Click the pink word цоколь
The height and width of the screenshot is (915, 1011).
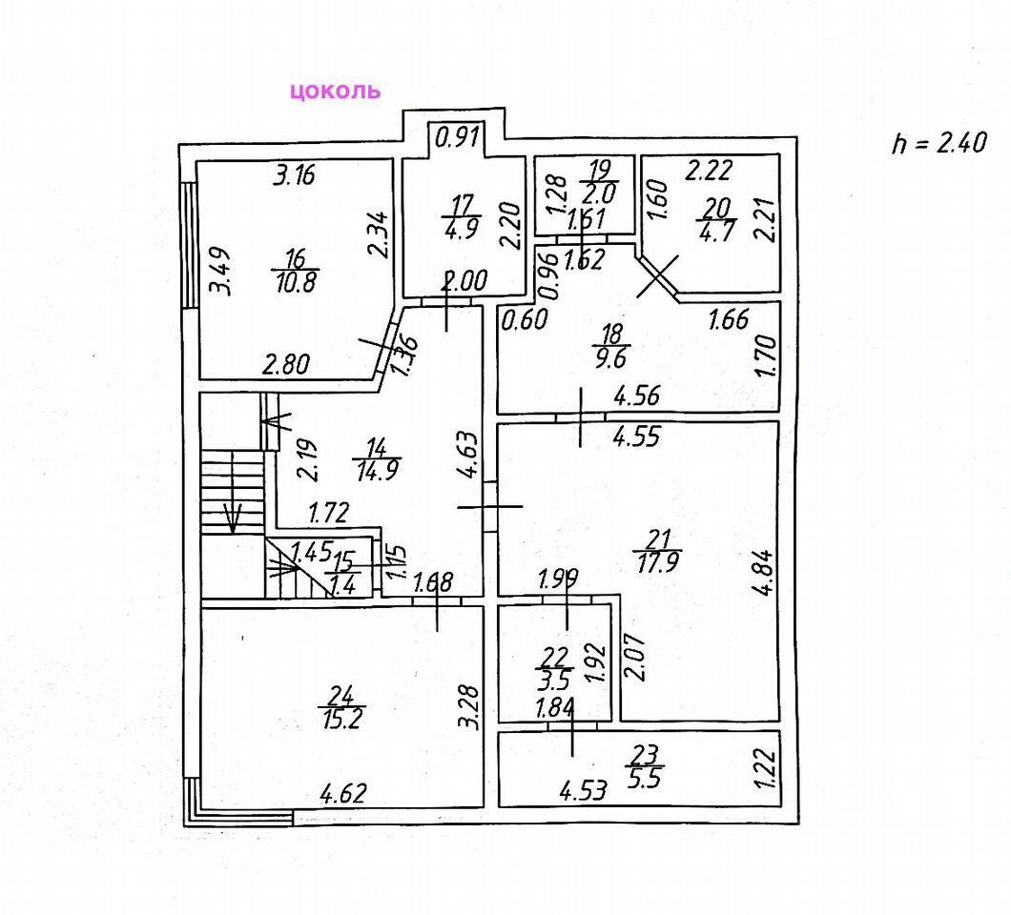pos(335,91)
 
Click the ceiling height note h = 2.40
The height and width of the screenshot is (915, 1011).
pos(938,143)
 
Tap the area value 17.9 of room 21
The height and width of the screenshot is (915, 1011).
pos(658,561)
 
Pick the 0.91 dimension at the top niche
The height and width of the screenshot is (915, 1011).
pos(458,138)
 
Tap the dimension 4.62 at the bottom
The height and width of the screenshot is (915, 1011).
pos(342,792)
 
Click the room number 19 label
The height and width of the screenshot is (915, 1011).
pos(599,172)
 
